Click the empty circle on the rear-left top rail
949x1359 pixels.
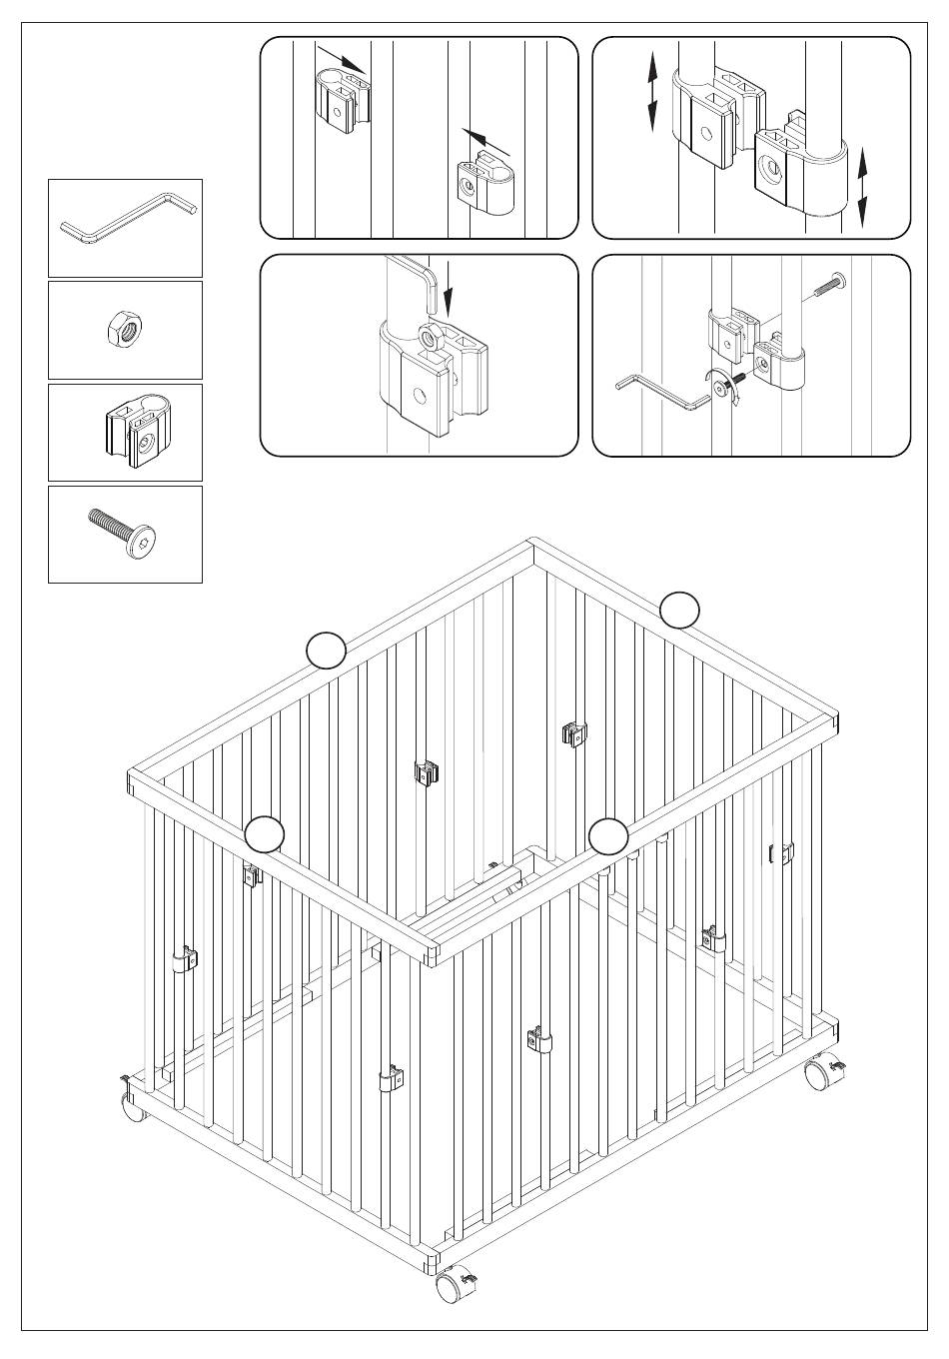(326, 650)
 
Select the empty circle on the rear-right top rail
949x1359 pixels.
(680, 610)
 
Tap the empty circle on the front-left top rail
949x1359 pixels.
(265, 834)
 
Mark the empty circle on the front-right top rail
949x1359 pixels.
(607, 835)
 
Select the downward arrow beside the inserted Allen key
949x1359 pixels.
(449, 289)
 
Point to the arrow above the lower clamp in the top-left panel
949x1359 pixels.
(483, 140)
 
